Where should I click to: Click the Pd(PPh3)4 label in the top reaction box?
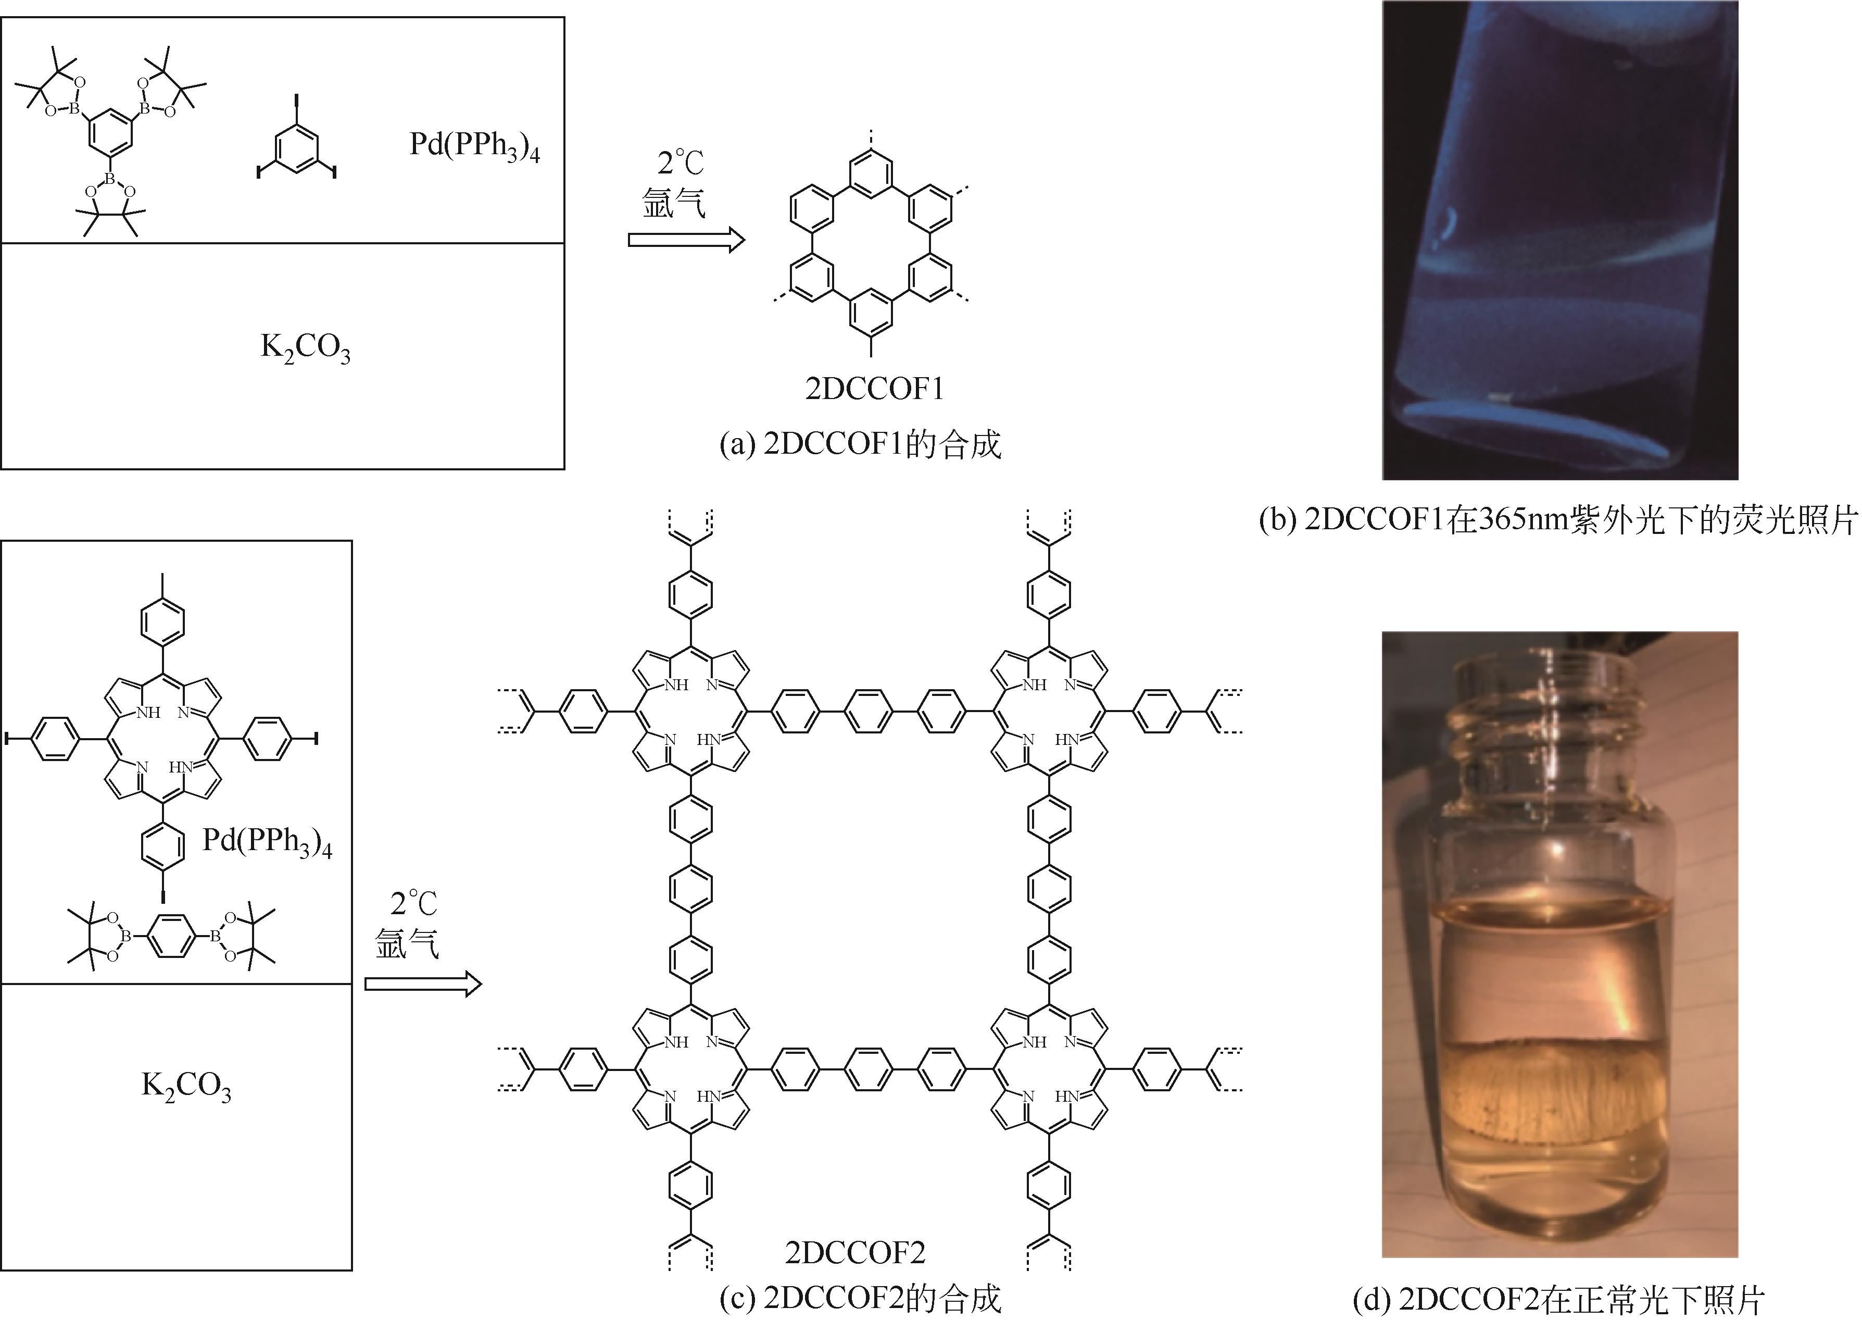point(474,147)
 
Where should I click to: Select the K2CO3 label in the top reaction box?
point(306,348)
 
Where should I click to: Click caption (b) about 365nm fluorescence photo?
point(1558,520)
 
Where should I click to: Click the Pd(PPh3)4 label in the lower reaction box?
point(267,841)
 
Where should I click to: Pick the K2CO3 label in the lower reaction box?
point(186,1087)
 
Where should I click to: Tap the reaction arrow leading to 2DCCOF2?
point(422,985)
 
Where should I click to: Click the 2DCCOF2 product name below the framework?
point(854,1252)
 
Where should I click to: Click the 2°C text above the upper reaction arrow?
point(681,164)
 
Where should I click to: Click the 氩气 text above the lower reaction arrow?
point(407,944)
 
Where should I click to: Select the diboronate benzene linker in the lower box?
point(171,937)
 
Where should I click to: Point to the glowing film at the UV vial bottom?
point(1519,422)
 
